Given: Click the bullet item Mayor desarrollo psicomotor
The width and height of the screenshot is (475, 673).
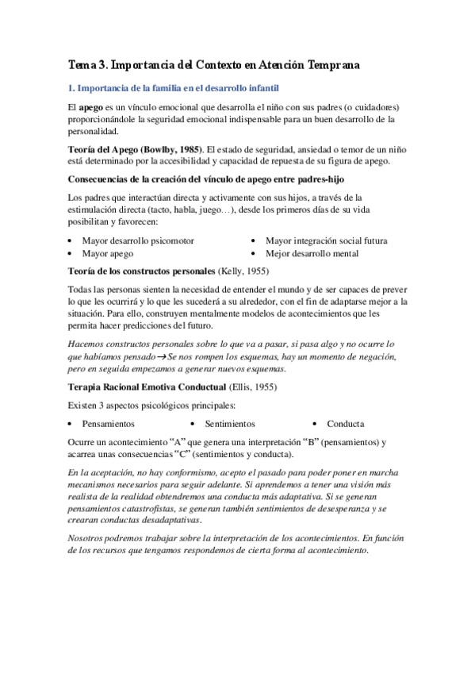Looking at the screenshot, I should [138, 240].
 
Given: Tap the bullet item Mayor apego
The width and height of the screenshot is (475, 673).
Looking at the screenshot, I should [108, 253].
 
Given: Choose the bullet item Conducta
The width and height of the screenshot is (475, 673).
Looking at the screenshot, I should [346, 424].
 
